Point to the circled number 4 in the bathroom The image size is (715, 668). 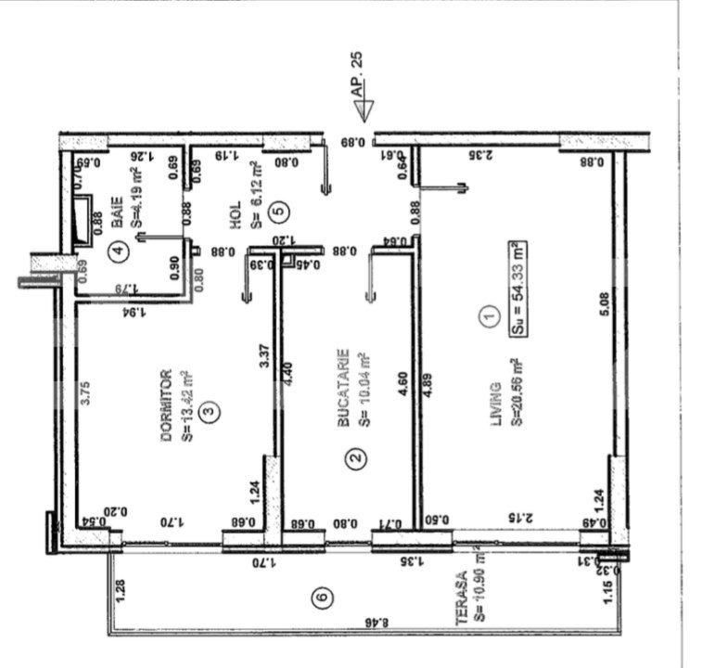click(117, 249)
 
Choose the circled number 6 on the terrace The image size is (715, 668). click(321, 598)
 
